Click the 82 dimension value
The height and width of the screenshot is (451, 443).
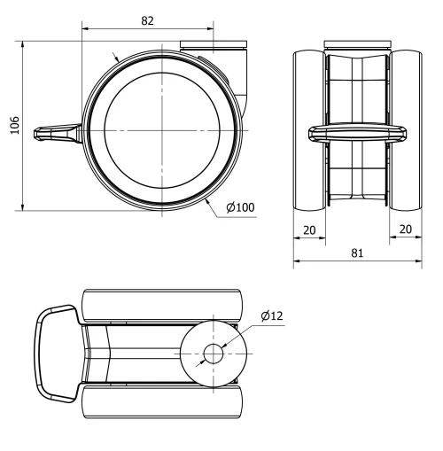point(147,20)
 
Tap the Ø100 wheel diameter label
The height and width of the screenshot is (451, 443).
point(239,207)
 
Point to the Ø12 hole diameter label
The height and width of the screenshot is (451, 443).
point(272,316)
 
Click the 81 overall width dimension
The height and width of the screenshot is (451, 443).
point(357,253)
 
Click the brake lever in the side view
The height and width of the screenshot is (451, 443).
point(56,133)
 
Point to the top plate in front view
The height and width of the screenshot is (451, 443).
point(356,44)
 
